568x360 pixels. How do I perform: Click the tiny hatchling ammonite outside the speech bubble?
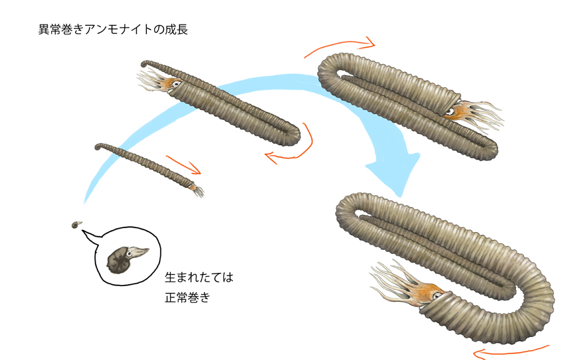[x=75, y=225]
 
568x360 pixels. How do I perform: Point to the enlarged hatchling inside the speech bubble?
[x=125, y=258]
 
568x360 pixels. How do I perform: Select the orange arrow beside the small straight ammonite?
[x=183, y=165]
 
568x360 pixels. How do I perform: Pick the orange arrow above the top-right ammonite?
[x=340, y=47]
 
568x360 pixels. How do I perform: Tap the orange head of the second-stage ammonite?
[x=172, y=84]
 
